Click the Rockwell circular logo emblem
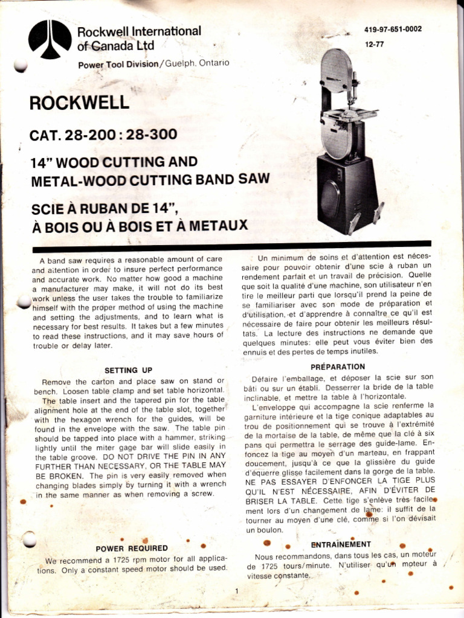point(50,40)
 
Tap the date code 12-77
point(375,44)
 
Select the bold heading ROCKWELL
point(79,102)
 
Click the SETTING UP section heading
point(129,370)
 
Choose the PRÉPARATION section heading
point(338,366)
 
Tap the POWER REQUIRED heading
point(132,548)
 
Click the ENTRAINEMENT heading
point(341,544)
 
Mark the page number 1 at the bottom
point(238,591)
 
